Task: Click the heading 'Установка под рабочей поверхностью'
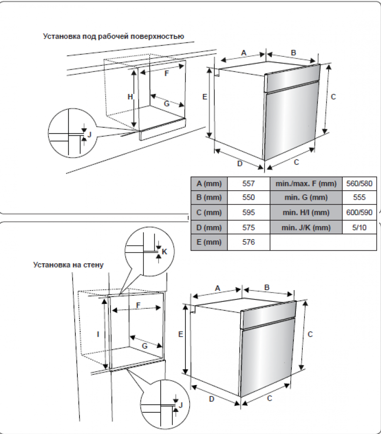coord(113,36)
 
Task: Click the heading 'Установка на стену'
coord(68,265)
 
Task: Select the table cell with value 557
coord(248,183)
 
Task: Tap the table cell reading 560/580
coord(359,183)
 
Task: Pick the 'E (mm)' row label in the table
coord(209,242)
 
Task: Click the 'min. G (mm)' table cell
coord(306,198)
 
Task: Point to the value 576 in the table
coord(248,242)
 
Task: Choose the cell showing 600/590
coord(359,213)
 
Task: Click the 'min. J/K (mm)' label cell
coord(306,228)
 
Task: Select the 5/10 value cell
coord(359,228)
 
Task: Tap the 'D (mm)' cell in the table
coord(209,228)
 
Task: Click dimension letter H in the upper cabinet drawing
coord(130,97)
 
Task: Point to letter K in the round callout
coord(165,251)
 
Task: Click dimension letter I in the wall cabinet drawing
coord(98,334)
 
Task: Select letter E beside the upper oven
coord(205,96)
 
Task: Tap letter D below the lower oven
coord(211,399)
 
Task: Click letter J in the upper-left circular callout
coord(90,134)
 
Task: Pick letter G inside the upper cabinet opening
coord(166,103)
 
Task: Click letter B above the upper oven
coord(293,52)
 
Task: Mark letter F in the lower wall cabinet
coord(138,305)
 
